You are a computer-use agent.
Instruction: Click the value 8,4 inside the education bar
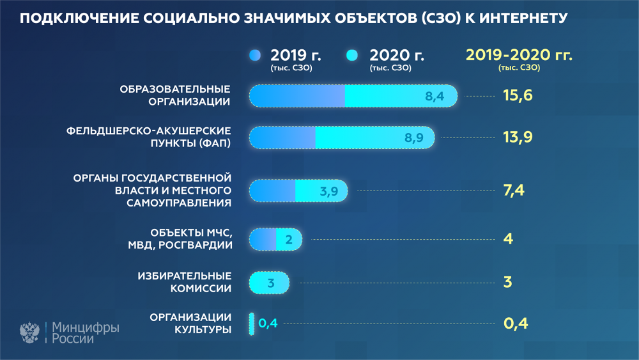(435, 96)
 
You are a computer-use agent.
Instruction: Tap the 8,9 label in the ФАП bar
(413, 138)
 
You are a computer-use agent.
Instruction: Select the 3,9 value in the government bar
(329, 191)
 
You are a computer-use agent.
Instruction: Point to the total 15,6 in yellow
(518, 95)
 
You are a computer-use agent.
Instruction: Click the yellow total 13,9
(518, 137)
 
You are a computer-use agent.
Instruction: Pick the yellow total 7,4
(514, 191)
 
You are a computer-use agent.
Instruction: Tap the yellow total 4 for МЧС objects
(508, 239)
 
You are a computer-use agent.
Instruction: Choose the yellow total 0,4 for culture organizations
(516, 324)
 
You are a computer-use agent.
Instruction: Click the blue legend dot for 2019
(255, 55)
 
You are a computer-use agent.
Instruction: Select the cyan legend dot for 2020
(352, 55)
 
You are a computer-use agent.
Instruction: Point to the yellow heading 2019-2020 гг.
(519, 55)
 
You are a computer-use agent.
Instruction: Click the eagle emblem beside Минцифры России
(30, 333)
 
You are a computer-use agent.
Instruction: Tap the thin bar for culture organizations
(252, 324)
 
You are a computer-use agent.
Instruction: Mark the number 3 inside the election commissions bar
(271, 283)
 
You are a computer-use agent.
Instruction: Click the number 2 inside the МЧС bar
(289, 239)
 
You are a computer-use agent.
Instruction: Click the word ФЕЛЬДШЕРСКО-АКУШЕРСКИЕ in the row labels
(149, 131)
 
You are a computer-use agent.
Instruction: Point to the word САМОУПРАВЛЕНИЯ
(179, 203)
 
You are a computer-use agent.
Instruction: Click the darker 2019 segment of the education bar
(297, 96)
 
